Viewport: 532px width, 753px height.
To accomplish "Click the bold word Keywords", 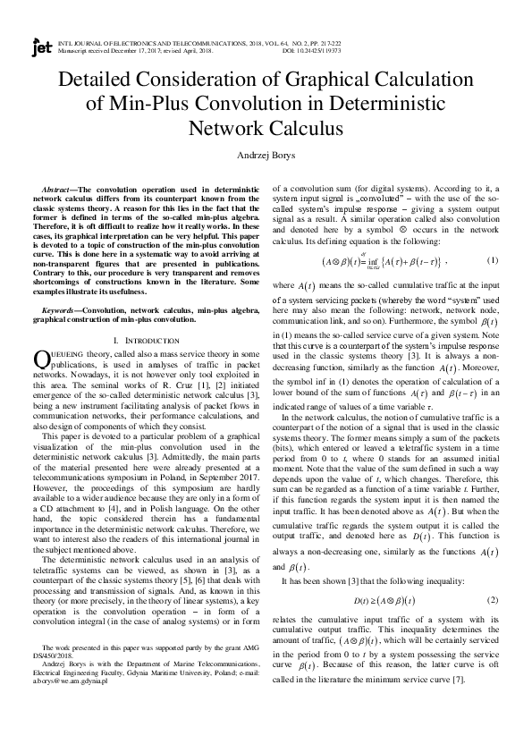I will [x=62, y=309].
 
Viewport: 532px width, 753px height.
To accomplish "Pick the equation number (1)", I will [x=491, y=260].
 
